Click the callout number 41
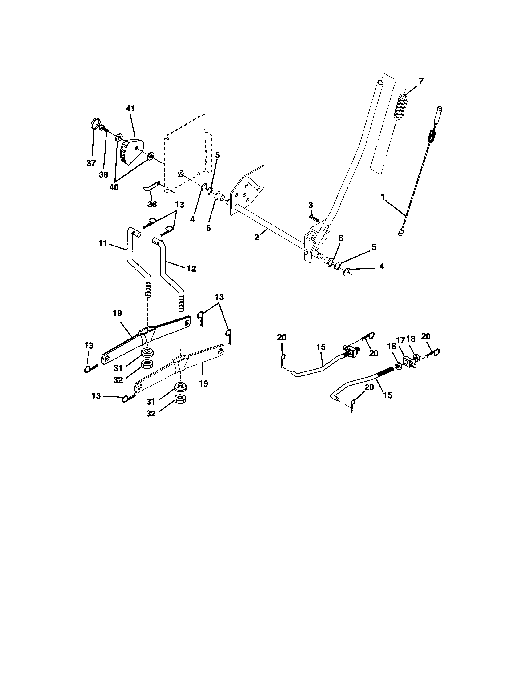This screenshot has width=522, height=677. (130, 109)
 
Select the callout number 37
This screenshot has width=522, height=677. (91, 163)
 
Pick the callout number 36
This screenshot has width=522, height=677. (152, 204)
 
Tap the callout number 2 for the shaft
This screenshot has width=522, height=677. (257, 237)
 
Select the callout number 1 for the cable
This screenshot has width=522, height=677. (383, 197)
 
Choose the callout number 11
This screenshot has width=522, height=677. (103, 244)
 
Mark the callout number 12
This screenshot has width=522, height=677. (191, 269)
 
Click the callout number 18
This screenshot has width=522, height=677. (411, 339)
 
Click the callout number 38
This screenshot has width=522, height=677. (103, 175)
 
